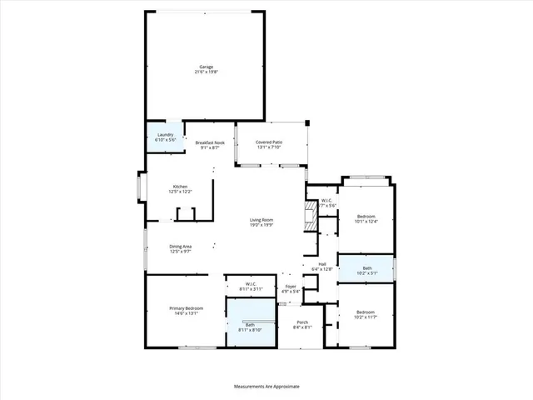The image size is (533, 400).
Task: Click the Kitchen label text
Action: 181,186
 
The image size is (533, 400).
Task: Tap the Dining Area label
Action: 182,246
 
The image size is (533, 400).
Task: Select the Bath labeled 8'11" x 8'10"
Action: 250,327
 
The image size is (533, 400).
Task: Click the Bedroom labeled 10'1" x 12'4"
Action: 366,218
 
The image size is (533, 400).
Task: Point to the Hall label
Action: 321,265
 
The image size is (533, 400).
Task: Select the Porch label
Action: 301,324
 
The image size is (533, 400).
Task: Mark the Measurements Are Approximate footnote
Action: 266,387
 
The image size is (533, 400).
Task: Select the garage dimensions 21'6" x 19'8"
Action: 205,72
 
